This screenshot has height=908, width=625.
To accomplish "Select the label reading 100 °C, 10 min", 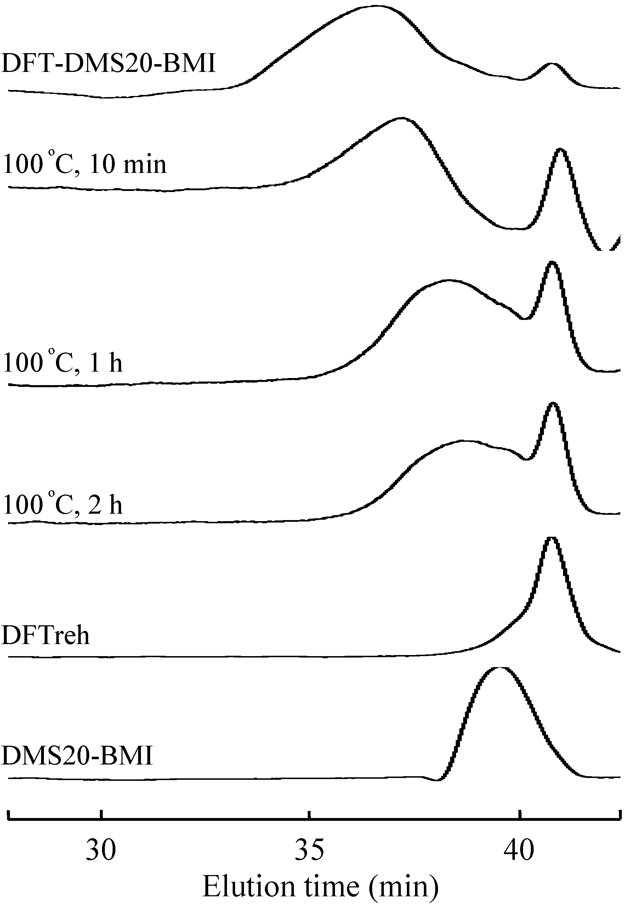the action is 85,163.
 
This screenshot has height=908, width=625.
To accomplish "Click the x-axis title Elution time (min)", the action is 320,886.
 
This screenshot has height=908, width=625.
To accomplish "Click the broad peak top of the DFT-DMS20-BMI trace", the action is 376,6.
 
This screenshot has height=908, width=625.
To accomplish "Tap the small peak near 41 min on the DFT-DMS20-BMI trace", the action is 552,63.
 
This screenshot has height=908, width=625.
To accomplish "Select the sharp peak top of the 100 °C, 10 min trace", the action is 561,149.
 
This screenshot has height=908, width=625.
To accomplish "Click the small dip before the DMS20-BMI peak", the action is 438,779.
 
